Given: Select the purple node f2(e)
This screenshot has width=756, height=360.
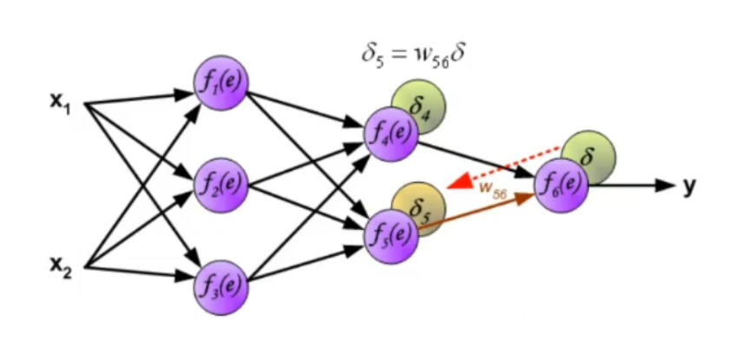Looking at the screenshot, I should [x=220, y=184].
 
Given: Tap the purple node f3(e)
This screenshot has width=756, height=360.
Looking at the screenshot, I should [x=220, y=284].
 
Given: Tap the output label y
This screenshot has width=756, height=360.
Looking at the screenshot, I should [x=688, y=184].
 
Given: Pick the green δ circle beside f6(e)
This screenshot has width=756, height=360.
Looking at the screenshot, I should [x=589, y=156].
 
